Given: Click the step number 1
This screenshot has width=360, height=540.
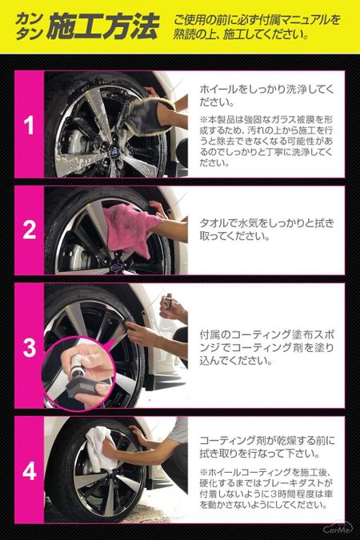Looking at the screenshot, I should point(29,125).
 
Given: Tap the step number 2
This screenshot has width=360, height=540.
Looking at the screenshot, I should point(29,230).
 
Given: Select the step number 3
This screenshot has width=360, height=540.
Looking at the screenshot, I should point(29,347).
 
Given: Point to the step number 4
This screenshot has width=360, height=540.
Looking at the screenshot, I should point(29,470).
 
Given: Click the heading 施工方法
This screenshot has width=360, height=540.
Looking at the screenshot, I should point(102,29).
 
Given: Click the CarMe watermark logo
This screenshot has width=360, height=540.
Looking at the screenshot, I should point(338,528).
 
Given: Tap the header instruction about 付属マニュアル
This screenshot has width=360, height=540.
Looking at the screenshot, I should point(260,28).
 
